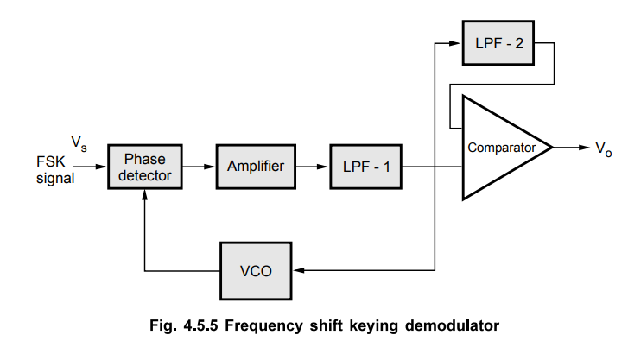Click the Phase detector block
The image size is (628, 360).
click(x=144, y=167)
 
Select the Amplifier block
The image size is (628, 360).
click(x=256, y=167)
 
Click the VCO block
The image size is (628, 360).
click(x=257, y=270)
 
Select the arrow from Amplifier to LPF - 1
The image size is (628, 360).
click(x=313, y=167)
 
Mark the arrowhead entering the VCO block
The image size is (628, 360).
click(x=300, y=270)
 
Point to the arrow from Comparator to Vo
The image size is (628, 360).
click(x=570, y=148)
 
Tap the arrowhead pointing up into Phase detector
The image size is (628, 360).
click(x=144, y=194)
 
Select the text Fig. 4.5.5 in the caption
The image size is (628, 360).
click(x=179, y=326)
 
